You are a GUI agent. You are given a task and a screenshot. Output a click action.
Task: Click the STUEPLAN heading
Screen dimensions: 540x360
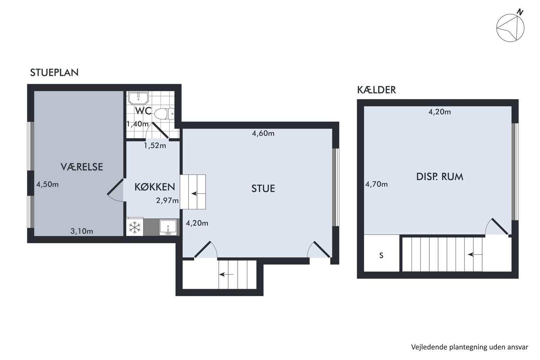click(x=54, y=73)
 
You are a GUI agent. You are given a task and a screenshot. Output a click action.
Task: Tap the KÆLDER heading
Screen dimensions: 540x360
click(x=376, y=90)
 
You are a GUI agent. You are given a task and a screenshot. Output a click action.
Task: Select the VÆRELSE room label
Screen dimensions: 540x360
click(x=82, y=167)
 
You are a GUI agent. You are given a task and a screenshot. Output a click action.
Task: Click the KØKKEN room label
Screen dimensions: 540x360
click(x=155, y=187)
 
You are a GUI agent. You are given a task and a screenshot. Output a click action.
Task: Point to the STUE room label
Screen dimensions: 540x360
click(x=263, y=189)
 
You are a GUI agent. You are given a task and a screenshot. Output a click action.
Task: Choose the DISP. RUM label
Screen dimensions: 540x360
click(x=440, y=177)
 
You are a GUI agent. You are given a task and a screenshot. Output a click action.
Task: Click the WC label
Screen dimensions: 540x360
click(x=143, y=111)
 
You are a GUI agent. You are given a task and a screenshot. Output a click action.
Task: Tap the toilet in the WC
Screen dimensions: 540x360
click(x=164, y=114)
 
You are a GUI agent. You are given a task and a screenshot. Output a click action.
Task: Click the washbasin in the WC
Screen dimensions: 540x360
click(x=138, y=98)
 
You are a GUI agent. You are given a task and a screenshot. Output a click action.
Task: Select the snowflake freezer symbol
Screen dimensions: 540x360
click(x=135, y=227)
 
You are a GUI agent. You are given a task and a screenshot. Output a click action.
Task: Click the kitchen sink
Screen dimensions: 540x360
click(x=168, y=227)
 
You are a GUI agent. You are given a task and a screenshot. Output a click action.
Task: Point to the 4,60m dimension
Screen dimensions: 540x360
click(x=263, y=134)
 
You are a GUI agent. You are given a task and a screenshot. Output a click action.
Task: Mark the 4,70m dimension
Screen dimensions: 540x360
click(x=376, y=184)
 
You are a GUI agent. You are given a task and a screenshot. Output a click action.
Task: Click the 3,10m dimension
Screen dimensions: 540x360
click(x=82, y=232)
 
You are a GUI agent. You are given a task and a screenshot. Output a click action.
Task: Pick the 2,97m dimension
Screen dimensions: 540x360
click(x=167, y=201)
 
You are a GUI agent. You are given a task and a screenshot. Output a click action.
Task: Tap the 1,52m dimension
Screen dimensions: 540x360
click(x=155, y=145)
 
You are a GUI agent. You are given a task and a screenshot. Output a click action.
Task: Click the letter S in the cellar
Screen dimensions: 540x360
click(x=381, y=255)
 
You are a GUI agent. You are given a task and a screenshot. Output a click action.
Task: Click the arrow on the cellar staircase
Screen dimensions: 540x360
click(x=475, y=254)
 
